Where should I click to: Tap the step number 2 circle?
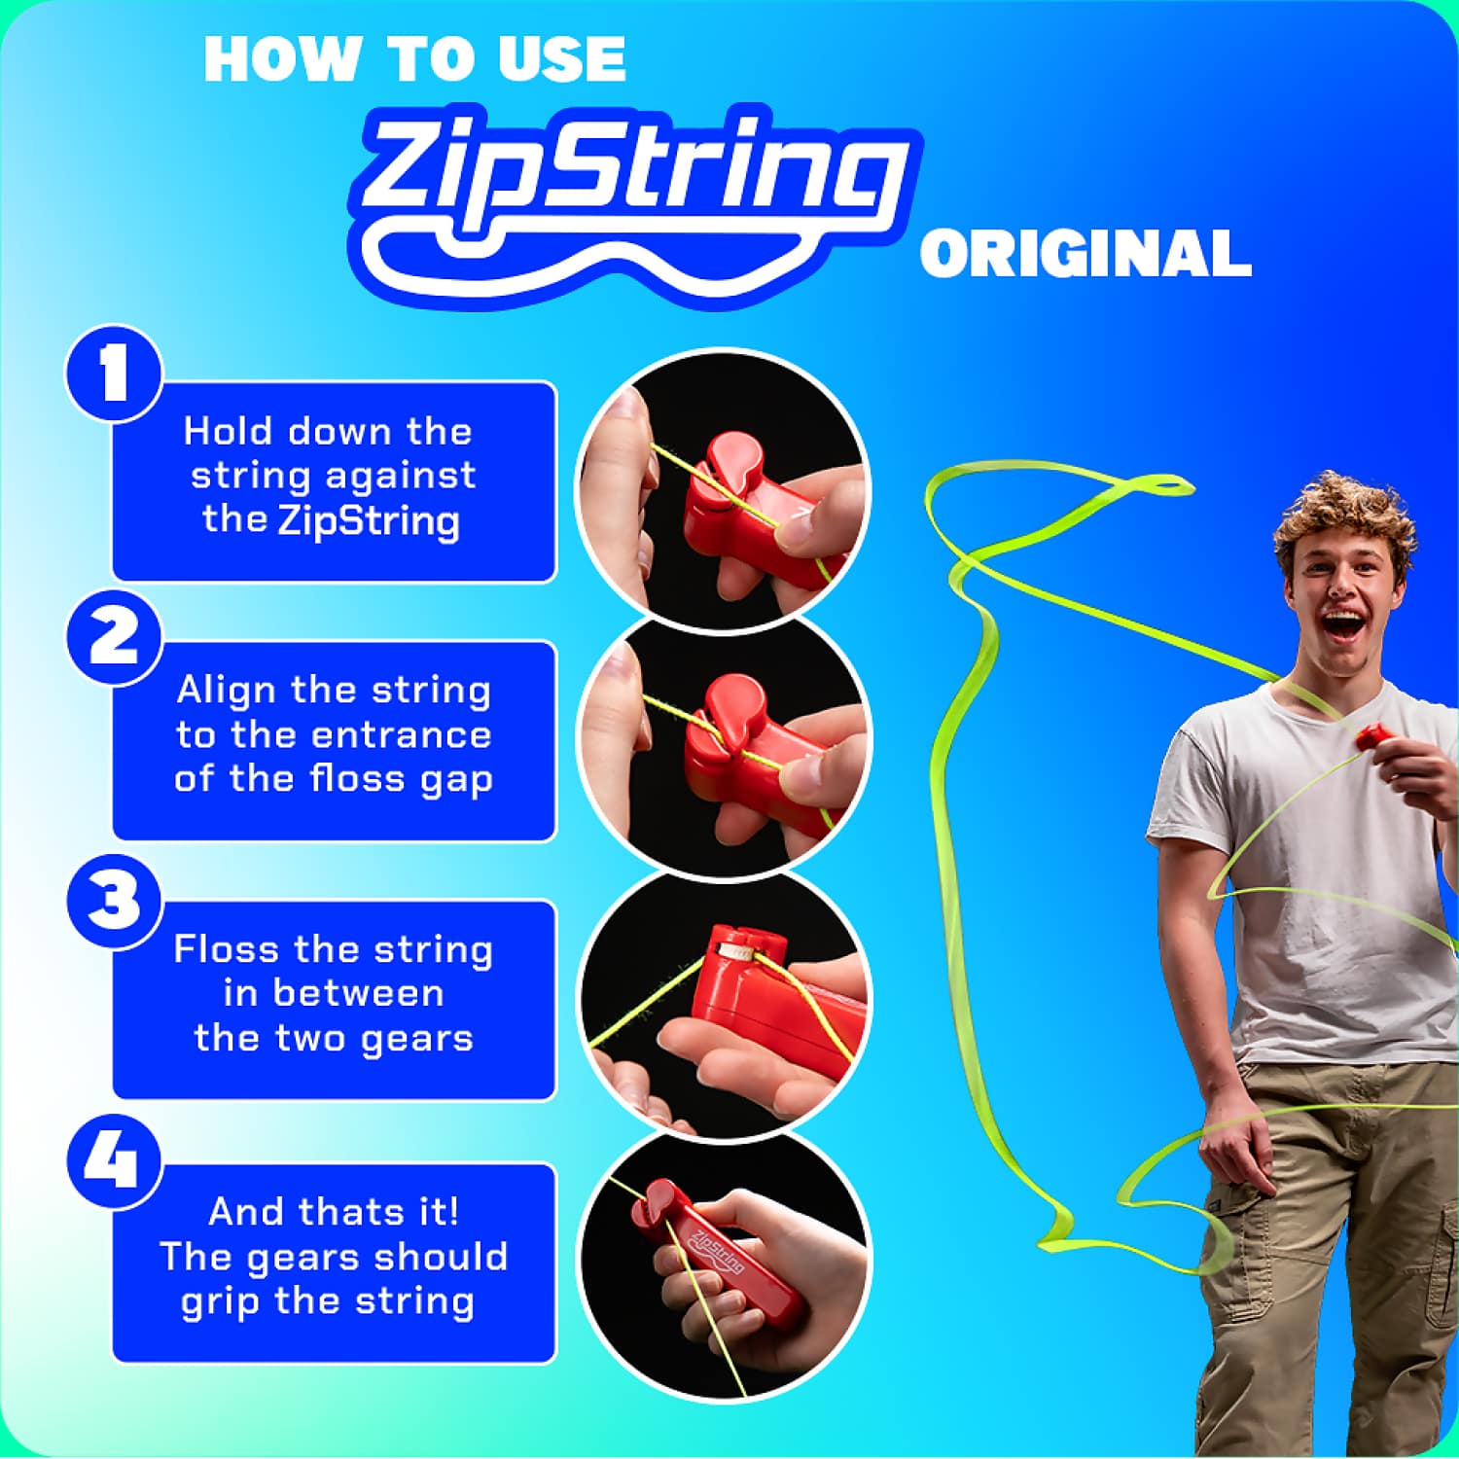click(114, 637)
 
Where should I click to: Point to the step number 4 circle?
click(114, 1160)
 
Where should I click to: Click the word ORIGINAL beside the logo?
click(1085, 254)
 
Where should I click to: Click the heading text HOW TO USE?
click(415, 59)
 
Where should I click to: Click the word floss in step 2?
click(357, 779)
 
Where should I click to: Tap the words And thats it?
click(334, 1212)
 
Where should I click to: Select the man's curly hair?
click(1347, 516)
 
